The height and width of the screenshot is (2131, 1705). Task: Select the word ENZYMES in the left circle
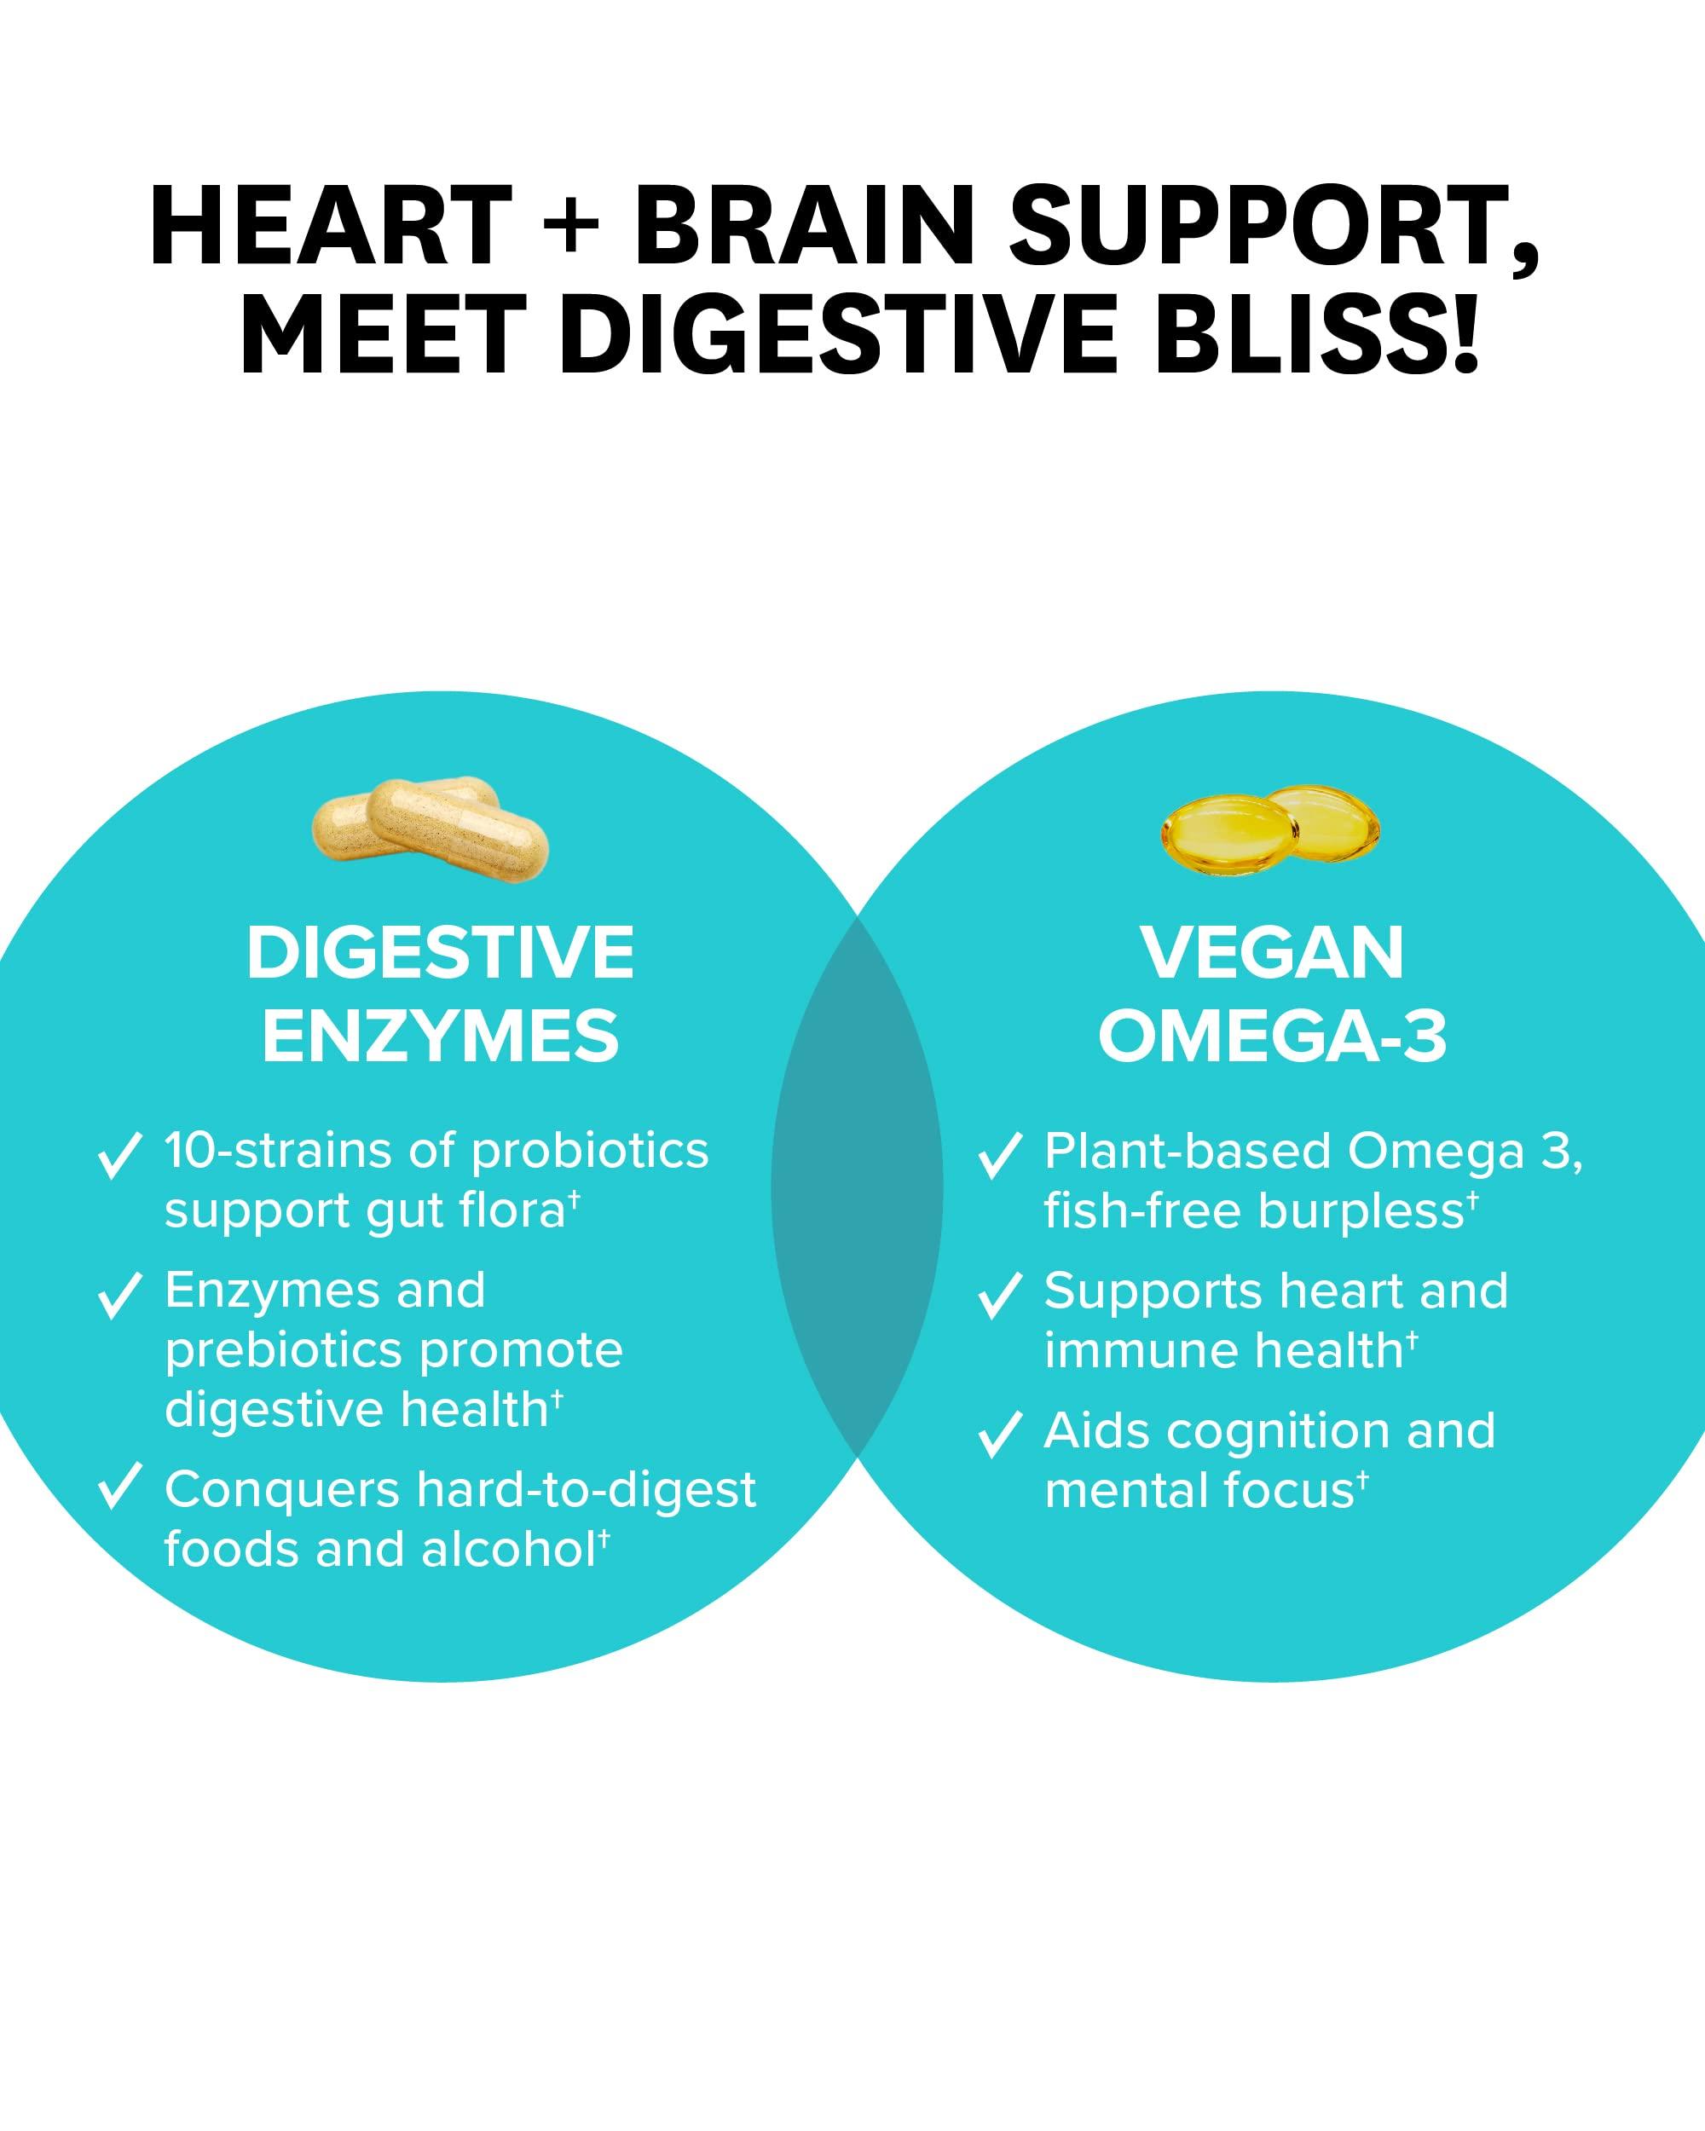click(x=441, y=1037)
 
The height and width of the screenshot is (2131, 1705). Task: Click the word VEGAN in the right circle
click(x=1272, y=954)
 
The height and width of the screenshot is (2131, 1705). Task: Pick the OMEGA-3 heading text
click(x=1272, y=1037)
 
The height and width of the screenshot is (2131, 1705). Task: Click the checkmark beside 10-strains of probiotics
click(x=118, y=1154)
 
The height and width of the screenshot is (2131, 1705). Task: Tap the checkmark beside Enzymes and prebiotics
click(x=118, y=1295)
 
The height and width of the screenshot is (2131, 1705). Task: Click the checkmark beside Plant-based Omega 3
click(x=999, y=1154)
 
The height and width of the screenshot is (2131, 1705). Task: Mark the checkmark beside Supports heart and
click(x=999, y=1295)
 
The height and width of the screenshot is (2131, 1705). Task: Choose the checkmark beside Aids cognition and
click(x=999, y=1435)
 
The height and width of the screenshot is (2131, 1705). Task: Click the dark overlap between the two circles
click(x=857, y=1186)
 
